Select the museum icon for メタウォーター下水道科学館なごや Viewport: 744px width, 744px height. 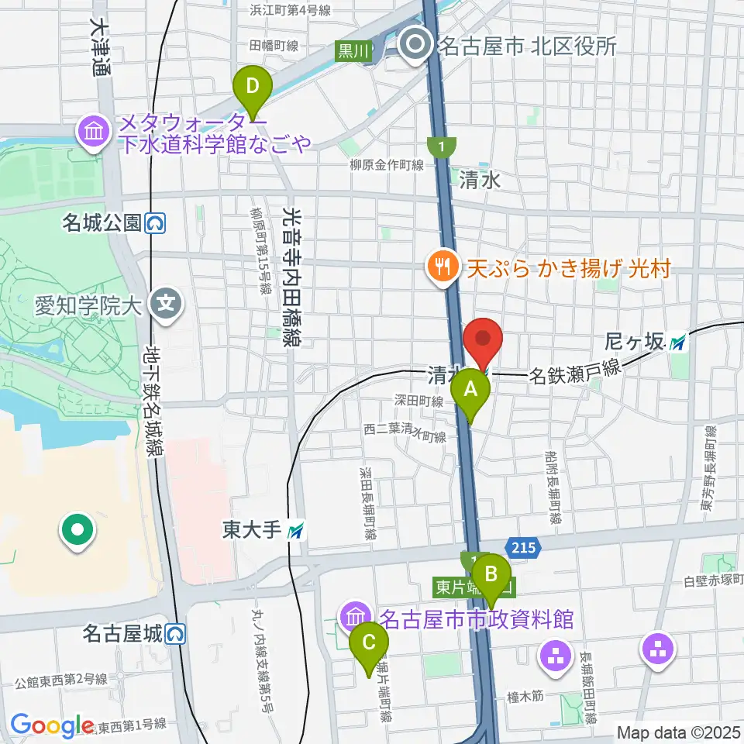pyautogui.click(x=94, y=131)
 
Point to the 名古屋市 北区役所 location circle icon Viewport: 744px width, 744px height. pyautogui.click(x=417, y=45)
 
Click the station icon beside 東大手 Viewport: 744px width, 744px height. pyautogui.click(x=296, y=531)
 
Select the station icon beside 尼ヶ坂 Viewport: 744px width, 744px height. pyautogui.click(x=679, y=340)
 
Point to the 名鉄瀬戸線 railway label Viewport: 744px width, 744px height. pyautogui.click(x=575, y=374)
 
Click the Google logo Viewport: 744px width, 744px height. pyautogui.click(x=53, y=725)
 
